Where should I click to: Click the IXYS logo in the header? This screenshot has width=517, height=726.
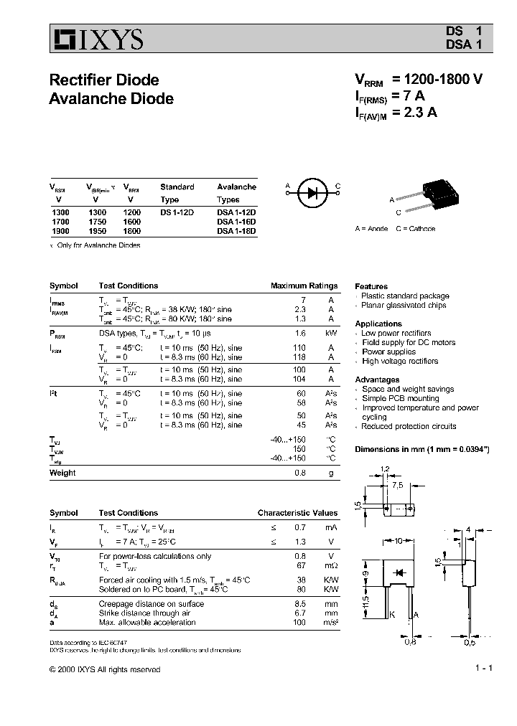(96, 39)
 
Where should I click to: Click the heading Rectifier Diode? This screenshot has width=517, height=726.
(103, 80)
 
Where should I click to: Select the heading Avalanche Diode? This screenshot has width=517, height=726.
(111, 98)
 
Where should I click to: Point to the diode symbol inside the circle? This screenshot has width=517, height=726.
(312, 192)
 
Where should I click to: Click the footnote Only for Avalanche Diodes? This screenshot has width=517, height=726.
(98, 245)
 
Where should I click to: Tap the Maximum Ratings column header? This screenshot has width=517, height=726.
(304, 286)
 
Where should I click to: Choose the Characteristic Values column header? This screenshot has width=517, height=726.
(297, 513)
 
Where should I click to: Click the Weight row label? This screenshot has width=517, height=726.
(62, 473)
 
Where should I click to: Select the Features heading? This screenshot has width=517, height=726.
(371, 286)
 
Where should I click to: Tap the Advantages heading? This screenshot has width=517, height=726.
(377, 379)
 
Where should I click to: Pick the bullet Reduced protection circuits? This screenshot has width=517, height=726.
(409, 426)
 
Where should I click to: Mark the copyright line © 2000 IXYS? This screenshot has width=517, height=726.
(105, 669)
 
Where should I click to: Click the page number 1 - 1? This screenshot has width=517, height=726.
(483, 669)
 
